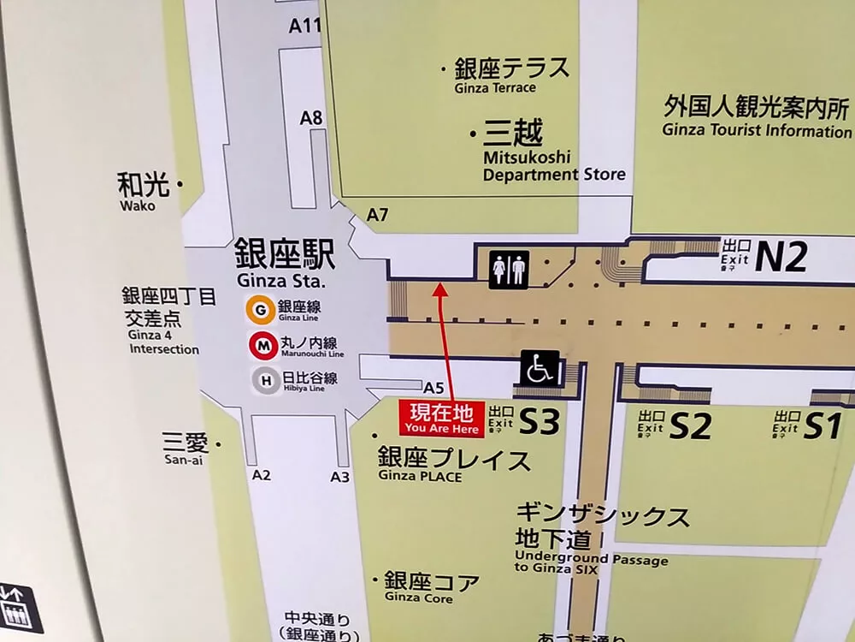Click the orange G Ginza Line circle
261,309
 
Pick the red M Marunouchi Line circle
261,346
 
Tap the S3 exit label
540,423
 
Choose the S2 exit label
689,426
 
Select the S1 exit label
822,425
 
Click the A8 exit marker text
311,118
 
